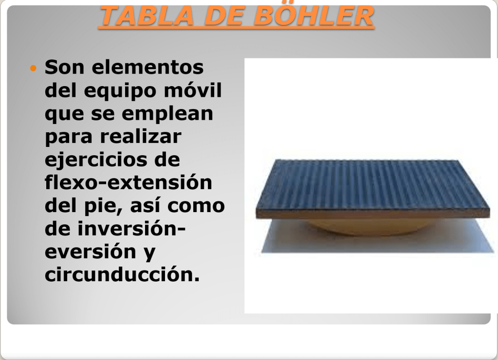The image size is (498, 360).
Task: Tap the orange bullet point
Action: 33,68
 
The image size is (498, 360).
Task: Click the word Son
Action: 64,67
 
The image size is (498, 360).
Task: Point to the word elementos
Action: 148,67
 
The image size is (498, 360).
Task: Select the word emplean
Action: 167,114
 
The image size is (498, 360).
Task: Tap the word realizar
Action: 141,137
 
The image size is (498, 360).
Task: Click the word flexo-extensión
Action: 129,182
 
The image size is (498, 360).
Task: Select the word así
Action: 146,205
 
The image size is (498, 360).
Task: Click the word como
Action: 196,206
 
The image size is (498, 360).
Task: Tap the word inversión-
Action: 131,229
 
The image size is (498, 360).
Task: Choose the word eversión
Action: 91,252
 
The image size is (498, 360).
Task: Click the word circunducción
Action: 122,274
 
